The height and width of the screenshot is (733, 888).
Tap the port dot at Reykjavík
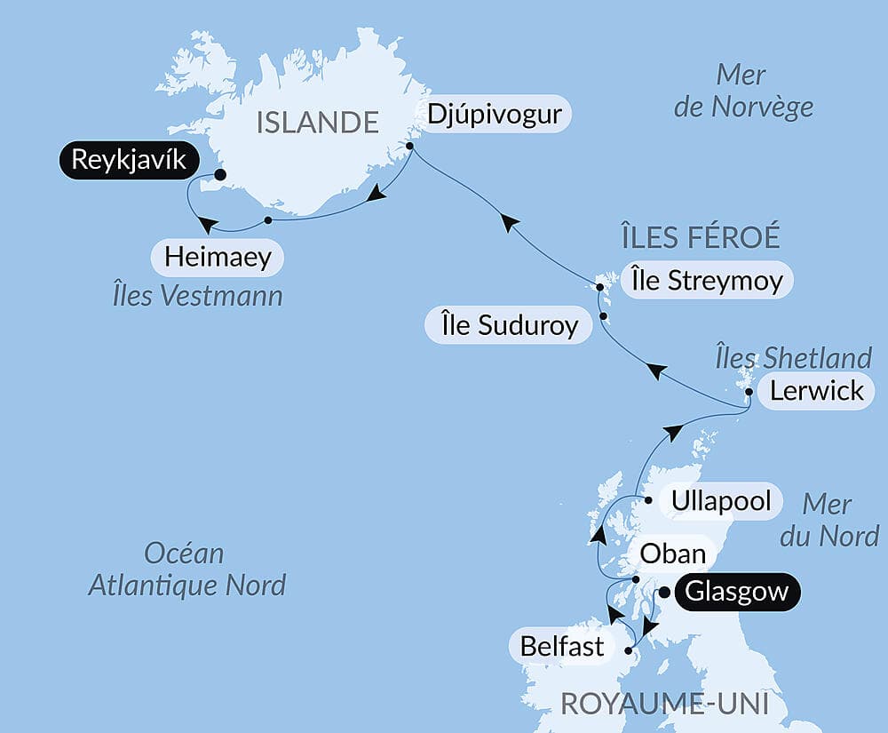tap(219, 175)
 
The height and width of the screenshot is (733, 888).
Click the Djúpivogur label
tap(494, 115)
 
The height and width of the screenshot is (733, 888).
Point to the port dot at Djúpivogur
tap(410, 147)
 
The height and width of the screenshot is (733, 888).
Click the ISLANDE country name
tap(318, 122)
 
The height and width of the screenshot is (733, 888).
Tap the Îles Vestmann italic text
tap(198, 296)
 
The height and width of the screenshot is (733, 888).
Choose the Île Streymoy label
tap(707, 282)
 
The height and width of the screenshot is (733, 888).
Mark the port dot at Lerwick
tap(749, 391)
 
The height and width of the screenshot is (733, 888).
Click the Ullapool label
tap(721, 500)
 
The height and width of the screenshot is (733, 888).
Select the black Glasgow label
tap(737, 593)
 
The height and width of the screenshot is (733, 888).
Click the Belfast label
tap(562, 646)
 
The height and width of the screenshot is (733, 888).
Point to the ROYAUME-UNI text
tap(664, 705)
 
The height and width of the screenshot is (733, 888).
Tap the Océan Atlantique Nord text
tap(186, 569)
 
